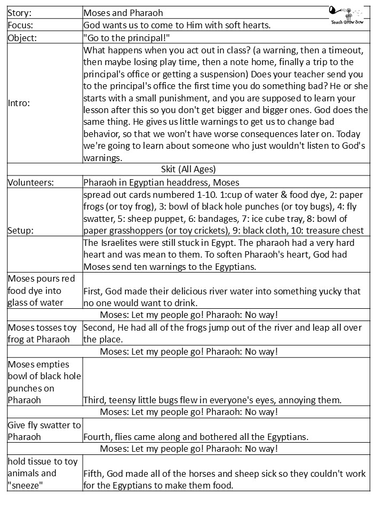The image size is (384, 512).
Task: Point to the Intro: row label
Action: click(x=19, y=103)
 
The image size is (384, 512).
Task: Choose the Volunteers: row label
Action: click(x=31, y=182)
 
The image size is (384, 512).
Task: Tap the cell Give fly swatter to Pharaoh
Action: click(x=44, y=431)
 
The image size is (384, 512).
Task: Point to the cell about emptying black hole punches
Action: click(x=44, y=382)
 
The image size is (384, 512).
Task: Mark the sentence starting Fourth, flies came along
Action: click(x=196, y=437)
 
